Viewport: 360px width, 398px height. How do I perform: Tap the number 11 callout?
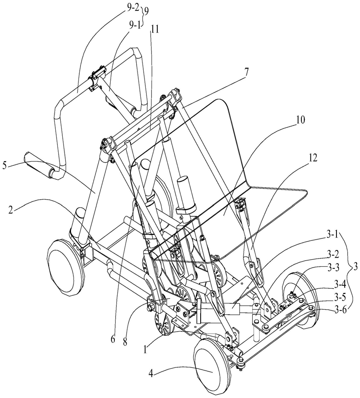pyautogui.click(x=154, y=30)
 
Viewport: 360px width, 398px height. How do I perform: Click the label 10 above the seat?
pyautogui.click(x=300, y=120)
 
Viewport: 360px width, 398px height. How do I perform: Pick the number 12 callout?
pyautogui.click(x=313, y=158)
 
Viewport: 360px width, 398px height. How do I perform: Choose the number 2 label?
pyautogui.click(x=10, y=210)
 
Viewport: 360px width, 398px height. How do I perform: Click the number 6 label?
pyautogui.click(x=113, y=339)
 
